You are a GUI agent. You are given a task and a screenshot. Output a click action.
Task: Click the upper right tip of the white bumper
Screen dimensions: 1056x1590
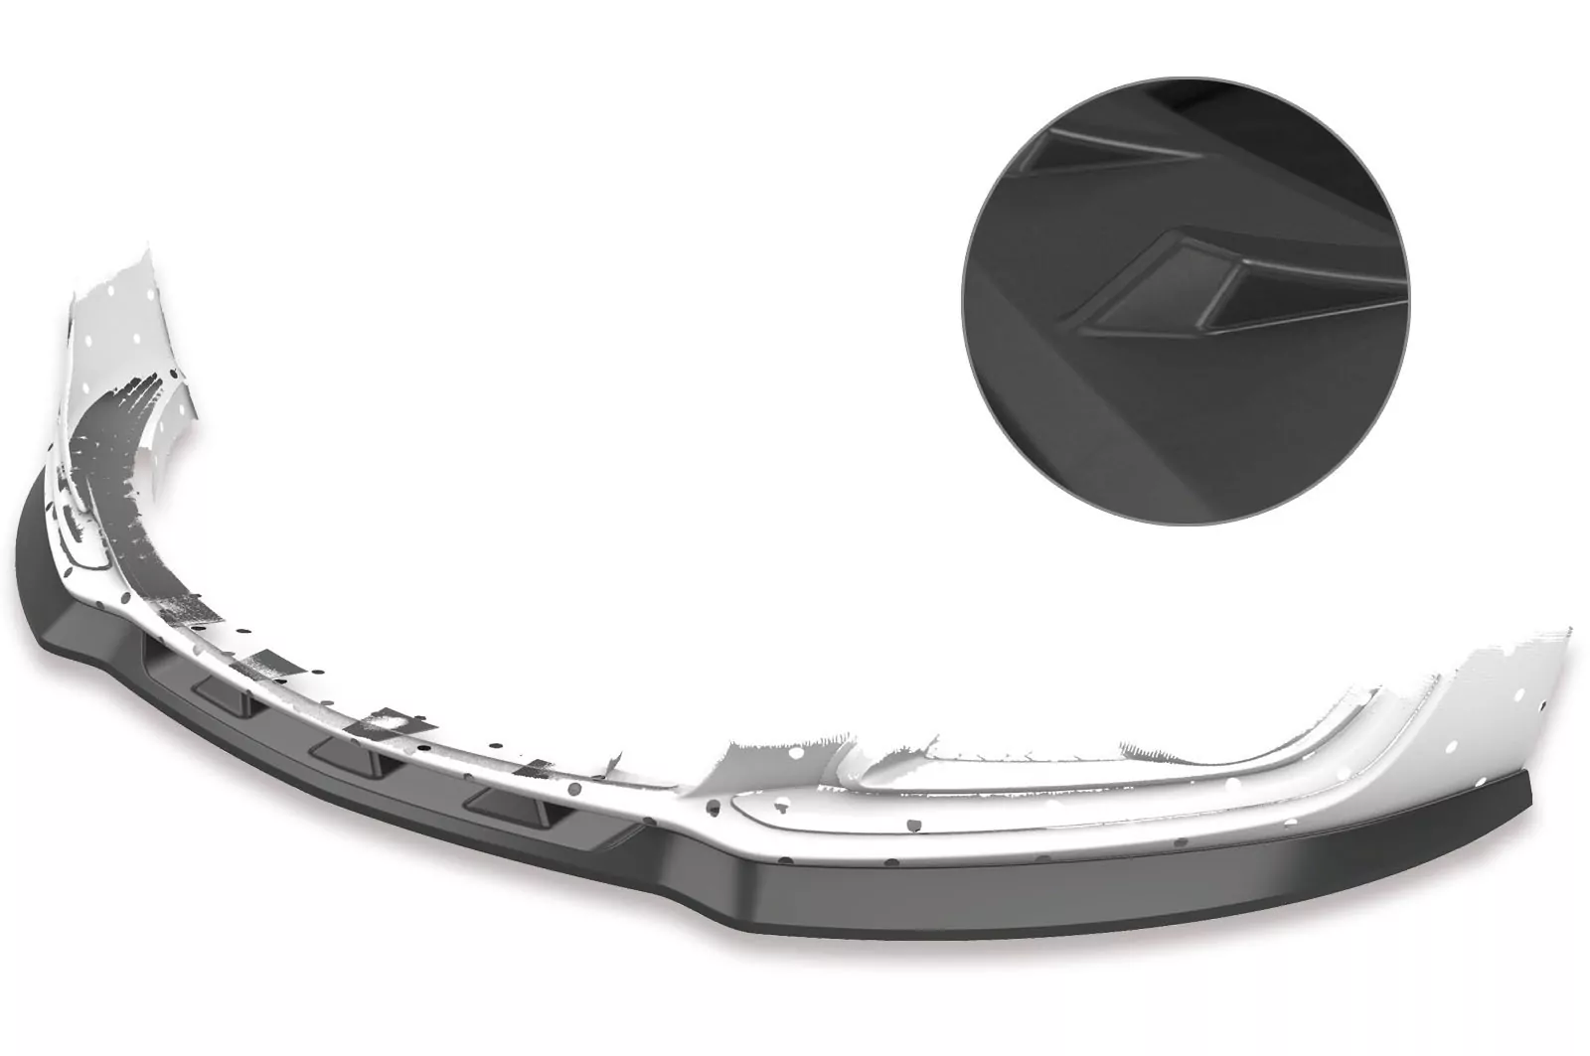pyautogui.click(x=1568, y=632)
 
